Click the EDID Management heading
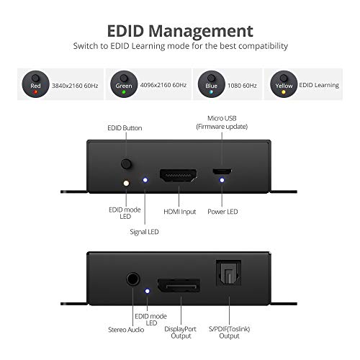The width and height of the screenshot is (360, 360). (180, 31)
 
